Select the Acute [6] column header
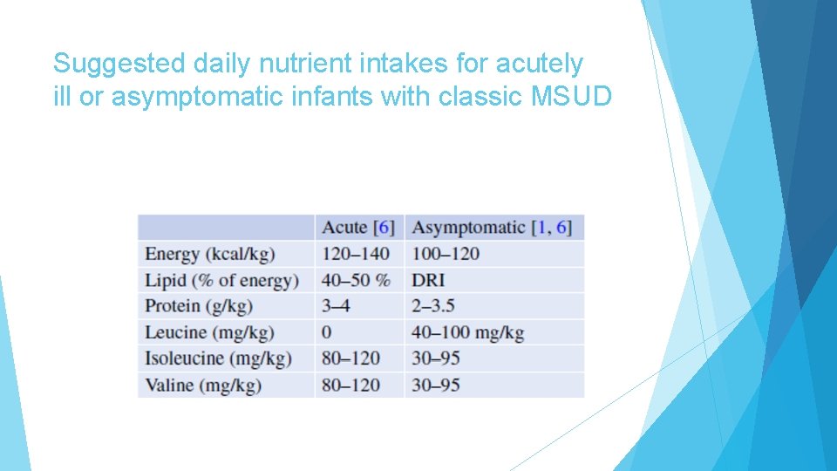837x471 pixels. [x=358, y=228]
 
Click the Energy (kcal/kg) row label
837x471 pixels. [x=210, y=254]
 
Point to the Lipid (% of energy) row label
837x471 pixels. [x=221, y=280]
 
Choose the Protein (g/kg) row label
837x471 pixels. [x=199, y=306]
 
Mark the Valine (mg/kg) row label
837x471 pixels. [x=203, y=385]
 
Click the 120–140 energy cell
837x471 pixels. [x=356, y=254]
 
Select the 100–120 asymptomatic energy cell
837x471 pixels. [x=446, y=254]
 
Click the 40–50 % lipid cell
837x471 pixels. [x=356, y=280]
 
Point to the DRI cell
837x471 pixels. [x=428, y=280]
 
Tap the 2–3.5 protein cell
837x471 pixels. [x=433, y=306]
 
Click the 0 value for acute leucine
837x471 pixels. [x=327, y=332]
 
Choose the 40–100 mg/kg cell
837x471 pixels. [x=467, y=332]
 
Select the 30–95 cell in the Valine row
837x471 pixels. [x=436, y=385]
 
